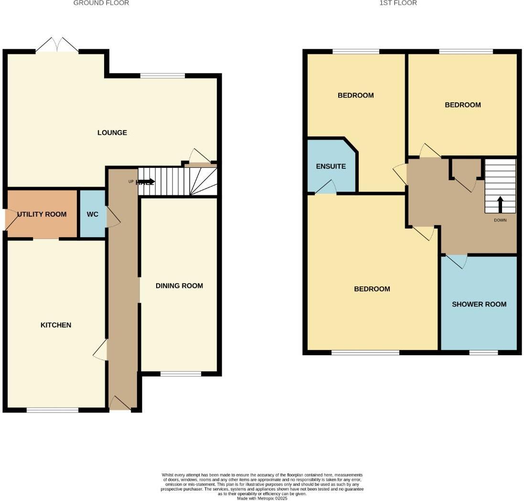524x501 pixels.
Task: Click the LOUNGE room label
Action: click(x=112, y=132)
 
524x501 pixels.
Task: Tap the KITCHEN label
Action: click(x=56, y=325)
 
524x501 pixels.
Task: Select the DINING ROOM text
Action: click(x=179, y=286)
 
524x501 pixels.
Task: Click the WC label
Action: click(x=92, y=214)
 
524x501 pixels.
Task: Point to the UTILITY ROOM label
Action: click(x=42, y=214)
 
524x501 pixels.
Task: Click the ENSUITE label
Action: click(x=331, y=167)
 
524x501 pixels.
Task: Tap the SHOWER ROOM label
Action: click(x=479, y=304)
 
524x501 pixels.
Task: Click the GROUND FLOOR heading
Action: click(x=101, y=3)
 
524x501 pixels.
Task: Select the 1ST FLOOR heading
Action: click(x=398, y=3)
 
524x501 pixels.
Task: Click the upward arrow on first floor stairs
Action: click(x=501, y=204)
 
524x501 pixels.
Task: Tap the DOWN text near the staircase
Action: click(x=500, y=220)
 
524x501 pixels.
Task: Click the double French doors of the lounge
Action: click(x=57, y=46)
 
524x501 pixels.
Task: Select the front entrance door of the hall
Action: click(x=120, y=404)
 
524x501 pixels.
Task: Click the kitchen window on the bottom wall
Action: click(x=53, y=410)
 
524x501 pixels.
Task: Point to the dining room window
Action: click(x=181, y=374)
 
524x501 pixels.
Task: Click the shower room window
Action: click(x=483, y=352)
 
